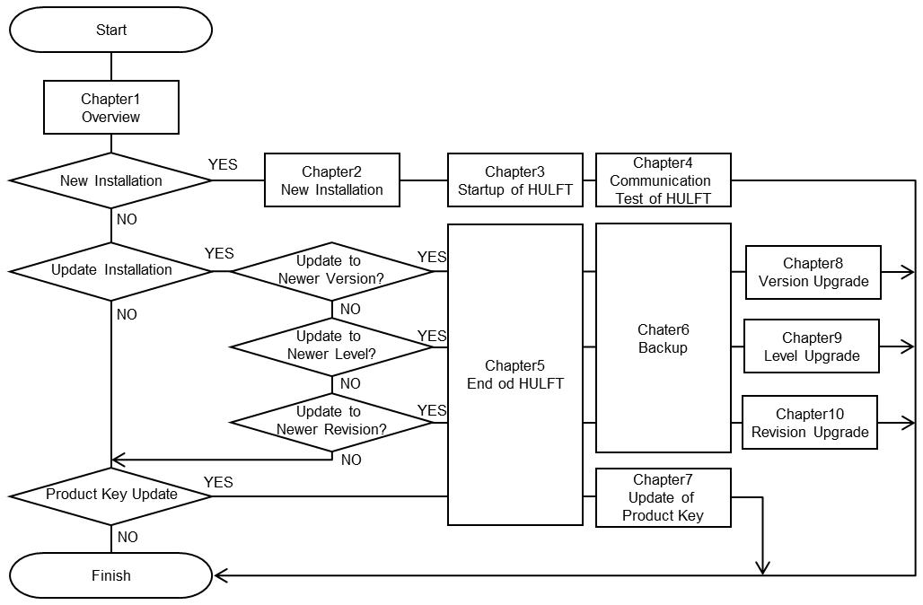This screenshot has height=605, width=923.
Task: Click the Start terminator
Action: point(111,30)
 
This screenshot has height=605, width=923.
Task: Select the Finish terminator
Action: point(111,575)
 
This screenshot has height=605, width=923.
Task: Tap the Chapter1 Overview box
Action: point(111,108)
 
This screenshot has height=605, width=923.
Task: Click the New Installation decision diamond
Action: point(111,180)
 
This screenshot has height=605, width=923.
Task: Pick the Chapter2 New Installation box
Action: point(332,180)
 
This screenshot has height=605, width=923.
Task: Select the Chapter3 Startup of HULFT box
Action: point(515,180)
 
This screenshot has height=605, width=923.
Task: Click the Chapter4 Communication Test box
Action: point(664,180)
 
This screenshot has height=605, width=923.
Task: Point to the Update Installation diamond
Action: point(111,270)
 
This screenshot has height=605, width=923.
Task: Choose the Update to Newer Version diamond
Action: point(332,270)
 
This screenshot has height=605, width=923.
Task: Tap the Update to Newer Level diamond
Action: point(332,346)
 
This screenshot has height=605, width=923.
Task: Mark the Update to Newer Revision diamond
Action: point(332,421)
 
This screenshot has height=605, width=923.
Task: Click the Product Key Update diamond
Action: point(111,495)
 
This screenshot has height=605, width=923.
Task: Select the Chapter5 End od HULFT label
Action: point(515,374)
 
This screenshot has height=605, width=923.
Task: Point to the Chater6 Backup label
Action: point(664,338)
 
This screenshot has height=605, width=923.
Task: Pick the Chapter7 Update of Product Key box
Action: point(664,497)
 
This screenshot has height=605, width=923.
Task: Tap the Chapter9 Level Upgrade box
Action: point(812,346)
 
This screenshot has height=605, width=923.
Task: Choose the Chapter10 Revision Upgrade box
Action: point(810,423)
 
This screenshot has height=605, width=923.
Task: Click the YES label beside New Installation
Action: point(223,164)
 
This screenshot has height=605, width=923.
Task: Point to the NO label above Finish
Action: point(127,537)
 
